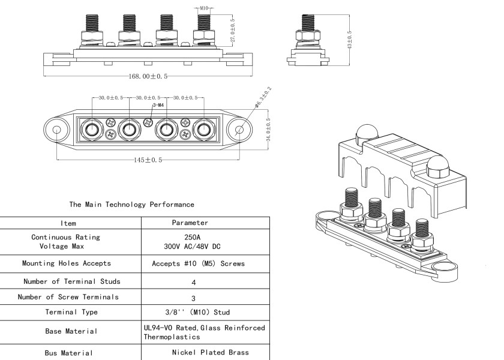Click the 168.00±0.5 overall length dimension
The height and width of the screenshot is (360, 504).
click(148, 76)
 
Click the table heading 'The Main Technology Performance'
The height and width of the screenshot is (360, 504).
click(131, 205)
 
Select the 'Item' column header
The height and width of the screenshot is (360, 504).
click(70, 223)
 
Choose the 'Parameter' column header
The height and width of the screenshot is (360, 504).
click(190, 223)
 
